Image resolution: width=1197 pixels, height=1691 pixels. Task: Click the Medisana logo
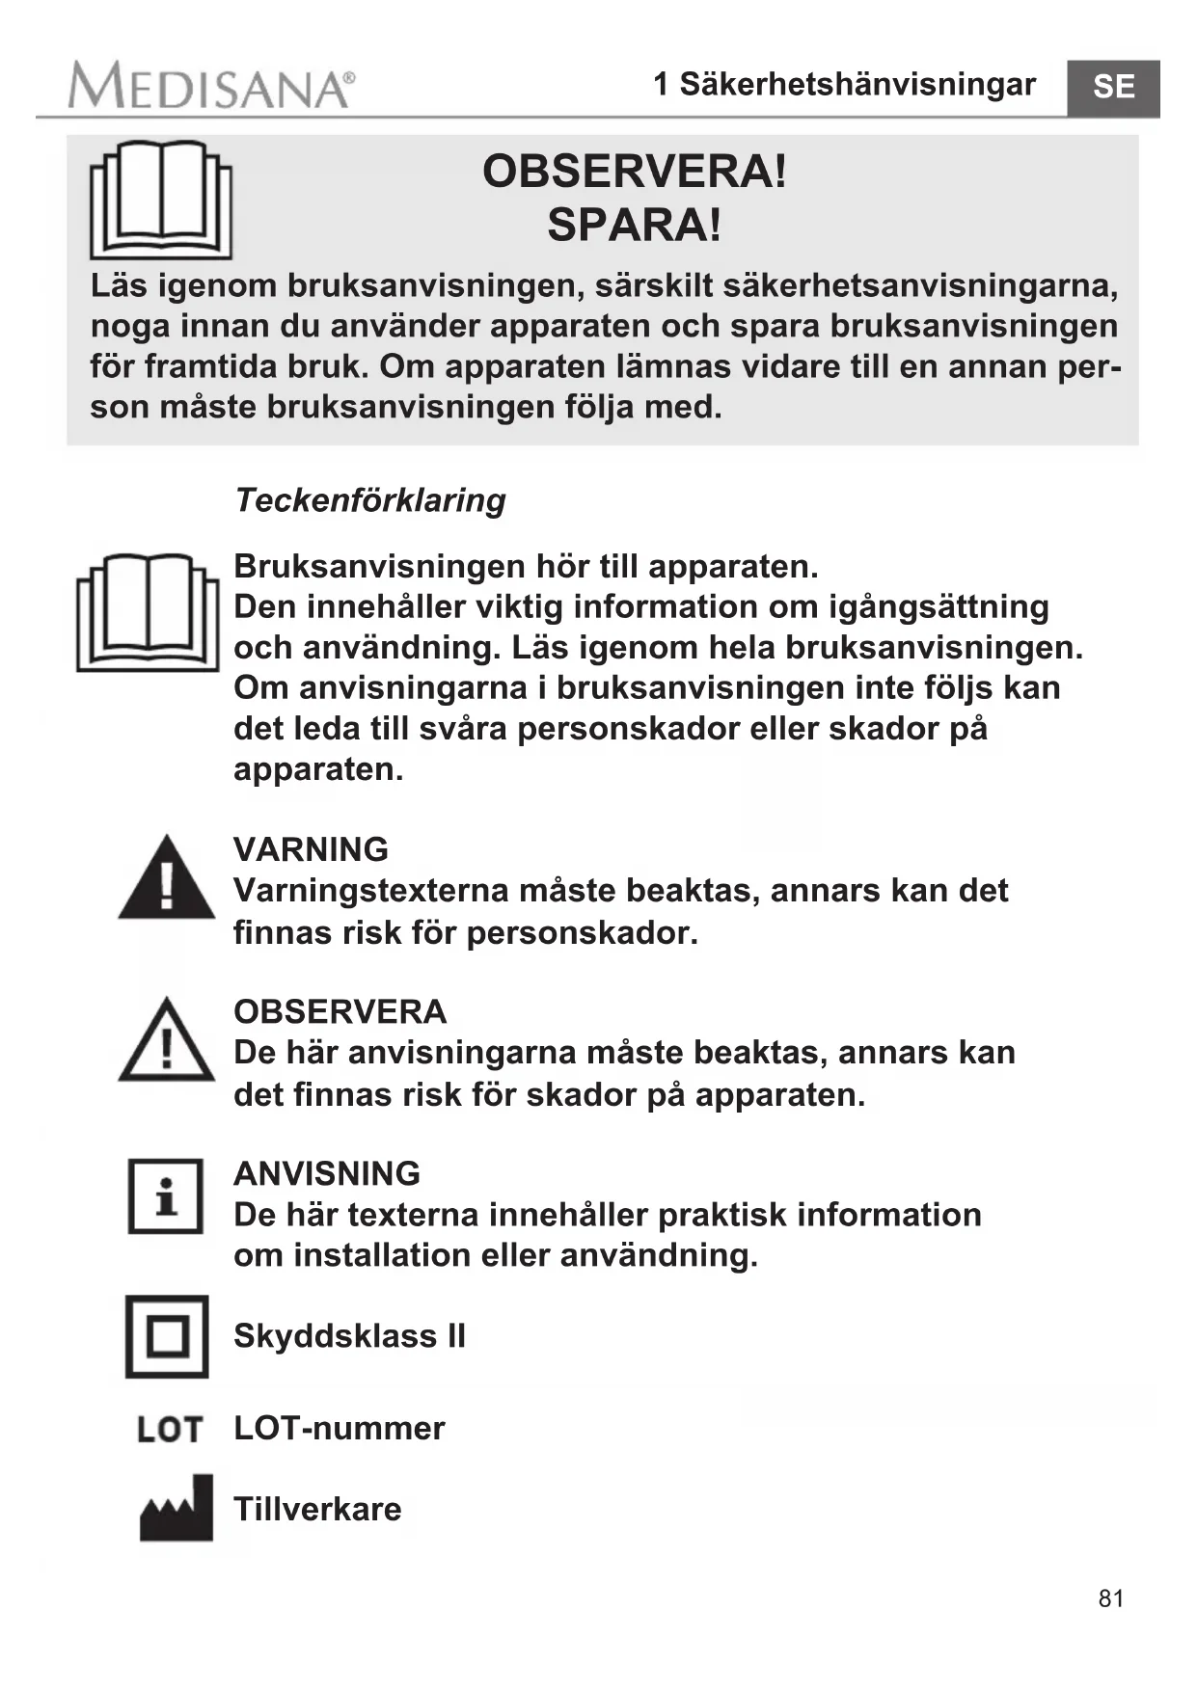[x=210, y=87]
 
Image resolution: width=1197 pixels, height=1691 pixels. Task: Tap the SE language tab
[x=1113, y=88]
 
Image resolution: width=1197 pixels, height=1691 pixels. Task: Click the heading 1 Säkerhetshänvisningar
[x=844, y=85]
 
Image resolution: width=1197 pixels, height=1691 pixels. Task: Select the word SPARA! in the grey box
[x=634, y=226]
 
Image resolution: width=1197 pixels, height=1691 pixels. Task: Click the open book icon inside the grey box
[x=161, y=200]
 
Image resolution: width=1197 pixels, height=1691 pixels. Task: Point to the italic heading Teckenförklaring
[x=370, y=500]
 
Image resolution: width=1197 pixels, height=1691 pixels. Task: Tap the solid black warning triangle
[x=167, y=879]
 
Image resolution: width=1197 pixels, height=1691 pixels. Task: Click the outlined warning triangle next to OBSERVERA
[x=167, y=1041]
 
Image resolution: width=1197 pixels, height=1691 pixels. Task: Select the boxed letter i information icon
[x=166, y=1196]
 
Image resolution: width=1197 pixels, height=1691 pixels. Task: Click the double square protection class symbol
[x=167, y=1336]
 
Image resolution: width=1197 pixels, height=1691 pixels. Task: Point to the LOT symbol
[x=170, y=1429]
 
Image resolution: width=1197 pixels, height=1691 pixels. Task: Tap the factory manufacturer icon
[x=177, y=1509]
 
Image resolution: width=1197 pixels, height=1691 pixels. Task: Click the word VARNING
[x=311, y=849]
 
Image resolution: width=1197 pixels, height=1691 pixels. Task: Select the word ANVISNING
[x=327, y=1173]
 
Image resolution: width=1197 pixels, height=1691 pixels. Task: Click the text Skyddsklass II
[x=349, y=1336]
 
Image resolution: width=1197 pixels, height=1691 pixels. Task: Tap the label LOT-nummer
[x=340, y=1428]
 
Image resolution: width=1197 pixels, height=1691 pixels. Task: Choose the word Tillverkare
[x=317, y=1509]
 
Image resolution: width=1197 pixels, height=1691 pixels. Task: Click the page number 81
[x=1111, y=1598]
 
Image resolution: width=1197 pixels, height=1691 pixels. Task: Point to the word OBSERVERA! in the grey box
[x=634, y=172]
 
